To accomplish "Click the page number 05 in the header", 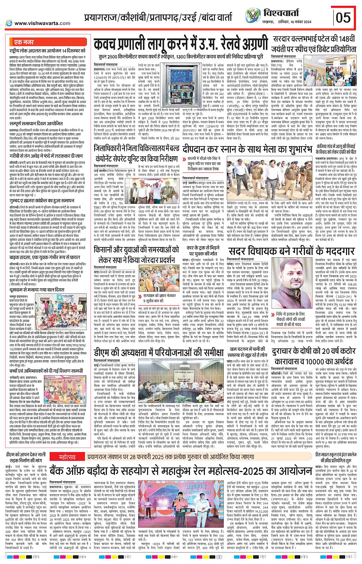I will pos(343,17).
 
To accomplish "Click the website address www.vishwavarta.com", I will pos(42,23).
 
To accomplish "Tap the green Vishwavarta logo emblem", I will pos(253,15).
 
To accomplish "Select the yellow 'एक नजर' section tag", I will pos(24,42).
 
